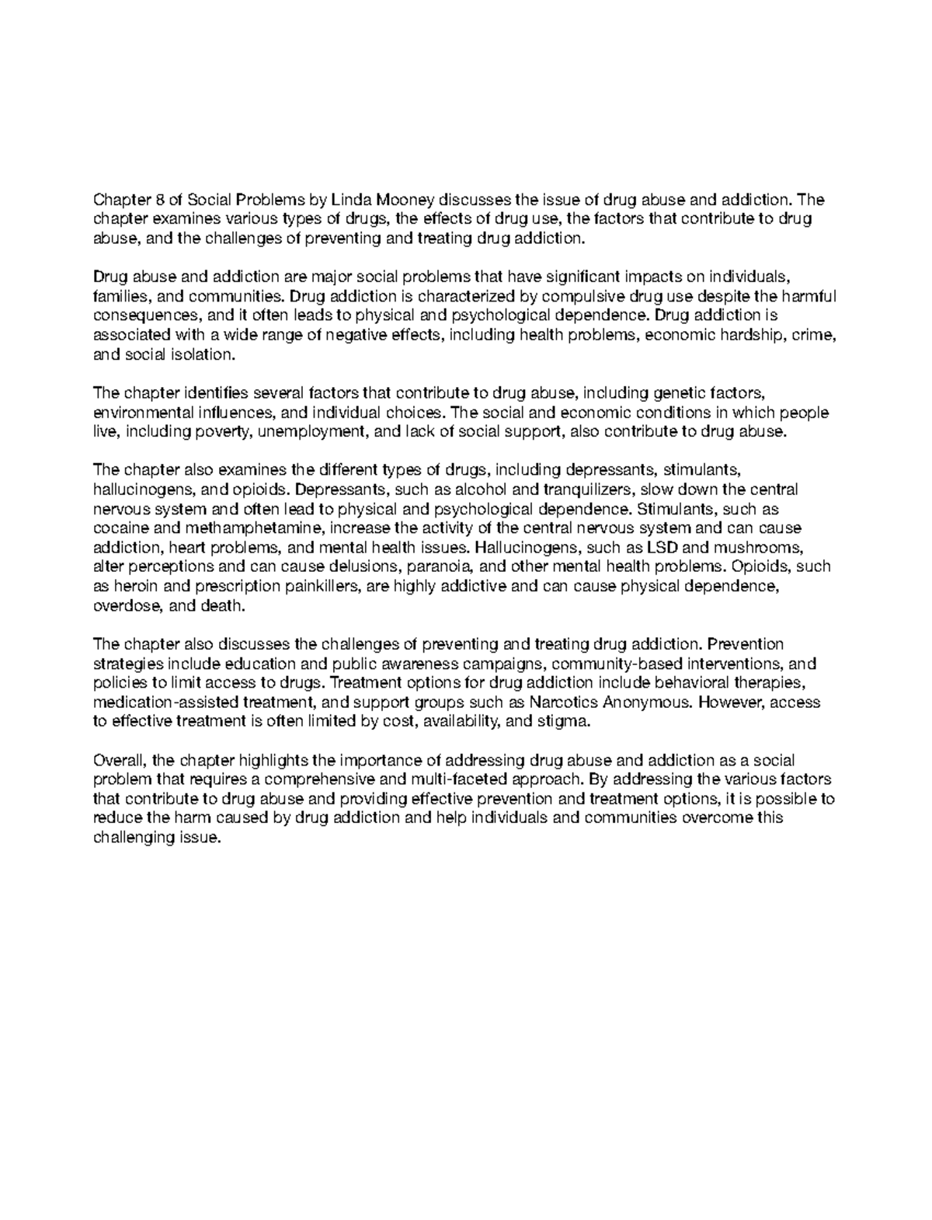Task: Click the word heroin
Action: pyautogui.click(x=134, y=587)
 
